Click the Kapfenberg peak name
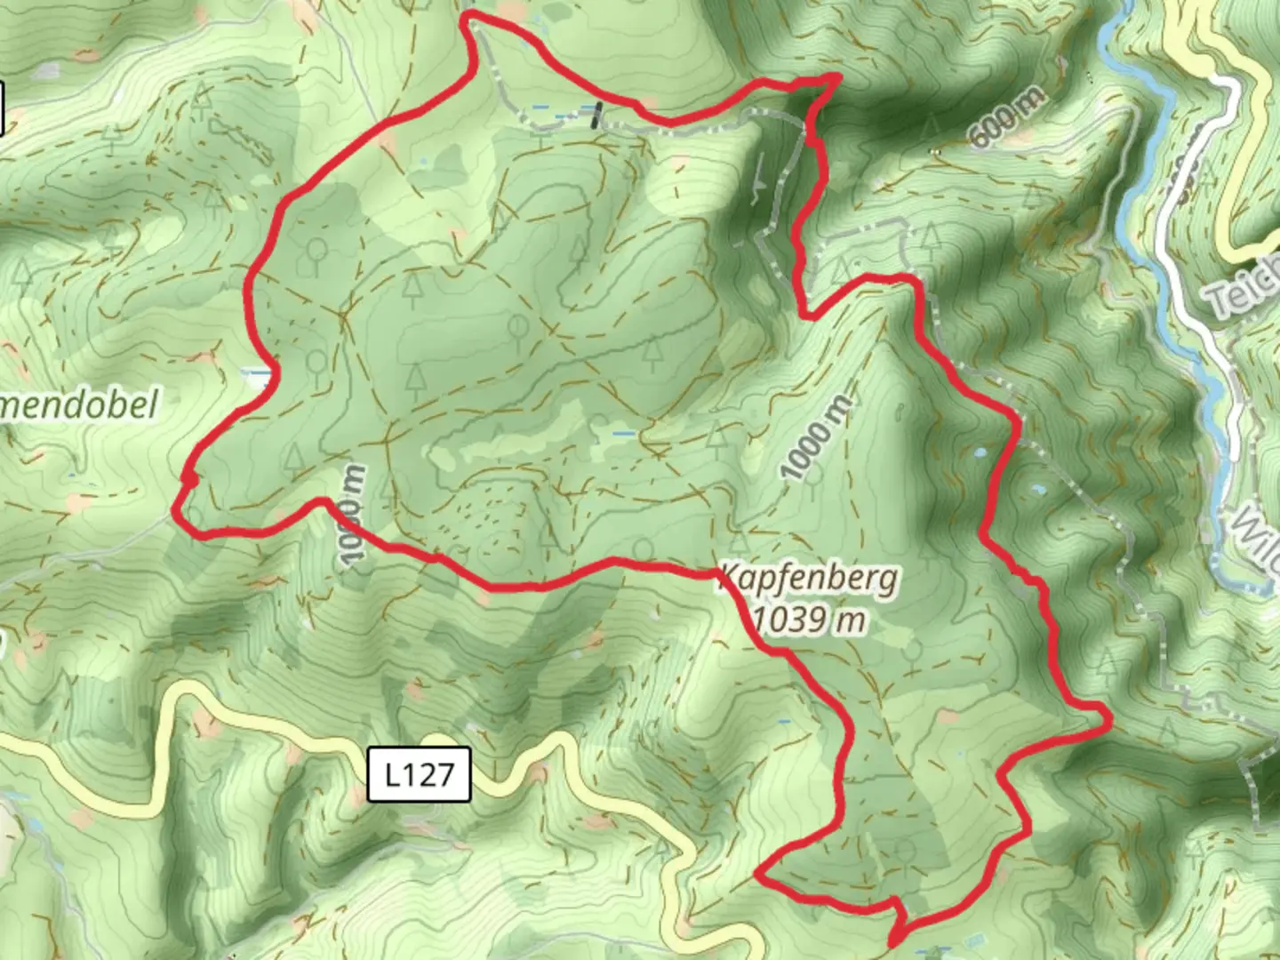coord(809,580)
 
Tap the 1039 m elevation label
coord(809,619)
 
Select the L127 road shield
coord(419,775)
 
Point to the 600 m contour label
coord(1009,116)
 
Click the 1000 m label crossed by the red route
coord(352,516)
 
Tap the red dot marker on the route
coord(188,480)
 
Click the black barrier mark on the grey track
coord(597,114)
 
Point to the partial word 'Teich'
coord(1244,289)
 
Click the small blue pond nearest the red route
coord(980,452)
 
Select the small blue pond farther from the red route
coord(1036,487)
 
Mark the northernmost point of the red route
coord(468,15)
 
